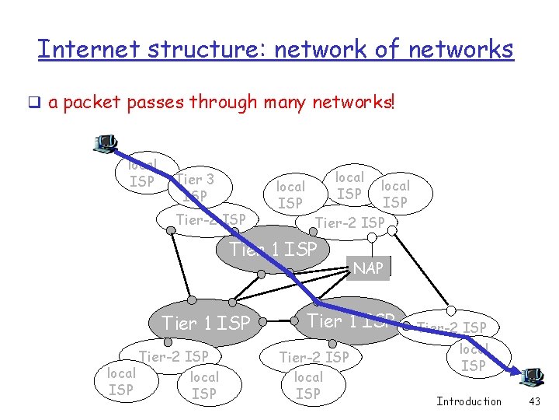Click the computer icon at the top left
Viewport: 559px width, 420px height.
(105, 143)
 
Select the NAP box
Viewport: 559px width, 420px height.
(368, 268)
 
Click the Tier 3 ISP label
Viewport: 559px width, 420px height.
(195, 187)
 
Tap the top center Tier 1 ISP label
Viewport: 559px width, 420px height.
(273, 249)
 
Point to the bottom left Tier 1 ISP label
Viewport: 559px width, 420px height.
(206, 322)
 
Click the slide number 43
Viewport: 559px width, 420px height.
(533, 401)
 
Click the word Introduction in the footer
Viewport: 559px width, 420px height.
(469, 401)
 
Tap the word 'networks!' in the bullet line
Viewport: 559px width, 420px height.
(353, 102)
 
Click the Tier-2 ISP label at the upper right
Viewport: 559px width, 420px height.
(349, 223)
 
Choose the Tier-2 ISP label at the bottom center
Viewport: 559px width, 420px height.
(314, 357)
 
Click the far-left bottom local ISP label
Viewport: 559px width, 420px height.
(120, 381)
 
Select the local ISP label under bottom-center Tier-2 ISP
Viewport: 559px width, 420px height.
(308, 385)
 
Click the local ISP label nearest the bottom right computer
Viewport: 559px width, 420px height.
(474, 357)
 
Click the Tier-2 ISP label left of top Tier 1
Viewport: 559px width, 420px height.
(210, 219)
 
